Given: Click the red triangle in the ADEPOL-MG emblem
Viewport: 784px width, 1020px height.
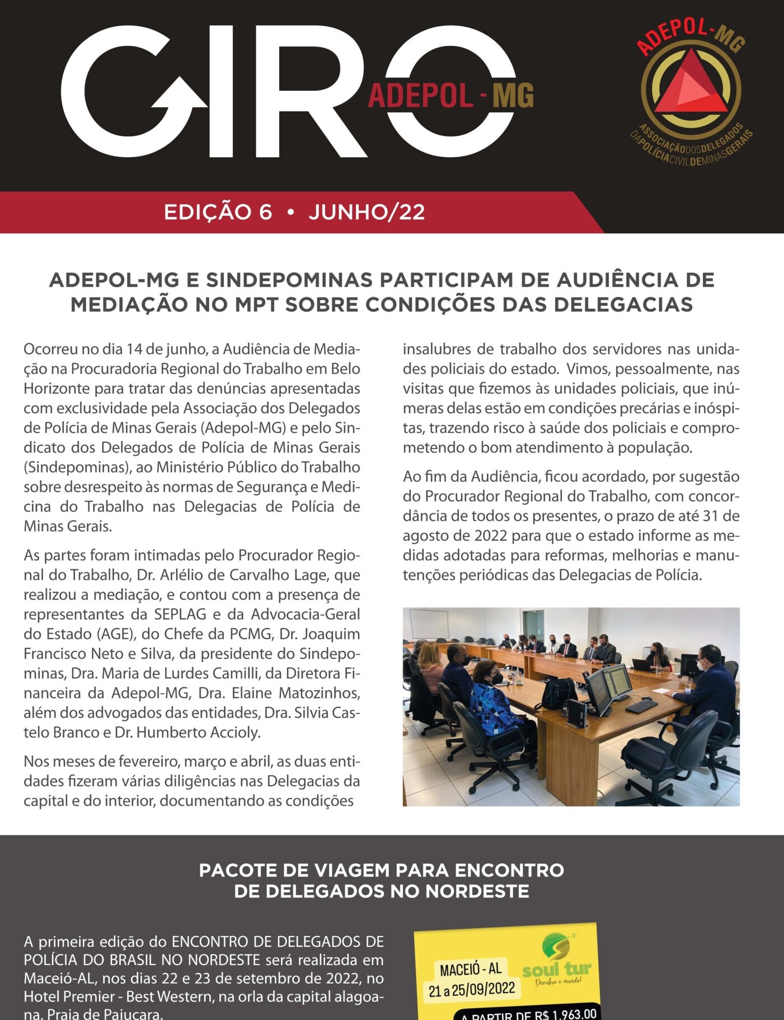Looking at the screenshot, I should pyautogui.click(x=691, y=84).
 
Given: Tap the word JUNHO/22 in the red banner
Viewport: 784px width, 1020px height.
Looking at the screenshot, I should pyautogui.click(x=367, y=212).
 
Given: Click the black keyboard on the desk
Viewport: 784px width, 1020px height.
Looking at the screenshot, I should pyautogui.click(x=641, y=706).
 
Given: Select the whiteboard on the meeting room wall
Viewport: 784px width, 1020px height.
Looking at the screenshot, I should pyautogui.click(x=429, y=624).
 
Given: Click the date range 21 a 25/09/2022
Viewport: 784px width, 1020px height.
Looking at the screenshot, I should pyautogui.click(x=471, y=990).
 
